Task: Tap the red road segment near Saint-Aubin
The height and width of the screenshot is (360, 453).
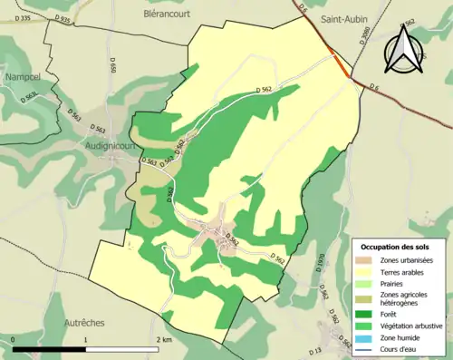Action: click(x=341, y=66)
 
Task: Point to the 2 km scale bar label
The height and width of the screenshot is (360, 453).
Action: click(x=163, y=339)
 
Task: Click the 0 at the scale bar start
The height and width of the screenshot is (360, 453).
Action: click(x=14, y=339)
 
